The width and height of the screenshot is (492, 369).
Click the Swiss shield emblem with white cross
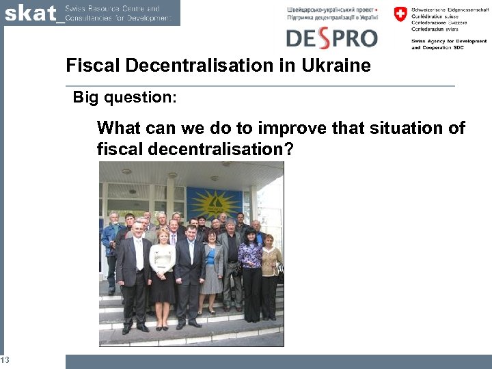coord(400,14)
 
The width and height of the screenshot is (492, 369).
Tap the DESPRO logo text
coord(331,37)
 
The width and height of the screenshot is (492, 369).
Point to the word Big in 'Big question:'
coord(85,98)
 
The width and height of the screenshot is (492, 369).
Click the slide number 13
coord(5,360)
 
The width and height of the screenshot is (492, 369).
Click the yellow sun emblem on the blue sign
coord(214,202)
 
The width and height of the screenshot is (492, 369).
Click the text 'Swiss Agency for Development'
coord(449,41)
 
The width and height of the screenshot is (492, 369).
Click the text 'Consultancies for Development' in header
coord(119,18)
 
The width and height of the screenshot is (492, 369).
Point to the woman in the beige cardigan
coord(270,270)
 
